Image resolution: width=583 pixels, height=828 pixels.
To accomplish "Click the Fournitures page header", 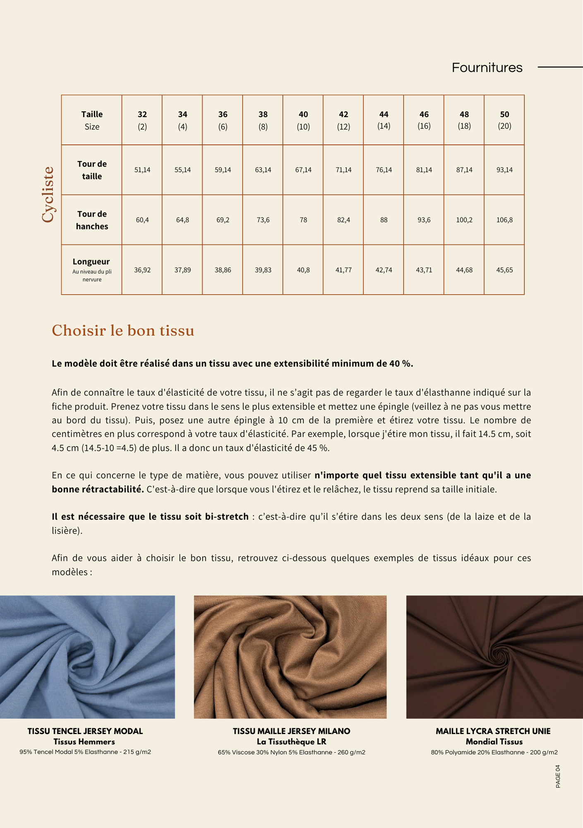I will (487, 67).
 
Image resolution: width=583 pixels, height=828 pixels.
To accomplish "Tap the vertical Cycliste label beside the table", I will (48, 195).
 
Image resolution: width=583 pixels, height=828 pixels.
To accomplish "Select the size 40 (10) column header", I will (303, 120).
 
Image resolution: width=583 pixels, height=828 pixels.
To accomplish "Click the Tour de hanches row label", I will (92, 220).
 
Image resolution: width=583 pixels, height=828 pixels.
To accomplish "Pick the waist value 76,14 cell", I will (384, 170).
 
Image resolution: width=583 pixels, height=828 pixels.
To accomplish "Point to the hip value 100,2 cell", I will (464, 220).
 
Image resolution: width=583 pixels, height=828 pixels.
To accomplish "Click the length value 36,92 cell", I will (142, 270).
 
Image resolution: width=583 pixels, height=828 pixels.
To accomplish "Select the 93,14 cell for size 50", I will (504, 170).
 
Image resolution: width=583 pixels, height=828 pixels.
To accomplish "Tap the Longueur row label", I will (91, 262).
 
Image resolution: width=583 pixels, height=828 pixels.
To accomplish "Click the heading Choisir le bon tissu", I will (123, 330).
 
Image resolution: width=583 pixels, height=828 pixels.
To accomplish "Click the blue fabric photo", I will (87, 657).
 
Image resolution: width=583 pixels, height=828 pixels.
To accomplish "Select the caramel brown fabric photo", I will (290, 657).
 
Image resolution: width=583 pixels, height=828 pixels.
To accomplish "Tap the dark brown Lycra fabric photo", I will (494, 657).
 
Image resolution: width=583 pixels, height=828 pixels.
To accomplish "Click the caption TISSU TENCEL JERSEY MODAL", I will (85, 731).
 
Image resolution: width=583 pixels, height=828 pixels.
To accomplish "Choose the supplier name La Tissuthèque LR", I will (291, 741).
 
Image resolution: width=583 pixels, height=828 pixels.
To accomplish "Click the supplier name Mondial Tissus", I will (494, 741).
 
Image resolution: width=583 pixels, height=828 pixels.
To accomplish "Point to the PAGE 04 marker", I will (558, 776).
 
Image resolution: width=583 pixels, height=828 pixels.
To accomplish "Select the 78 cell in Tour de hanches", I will (303, 220).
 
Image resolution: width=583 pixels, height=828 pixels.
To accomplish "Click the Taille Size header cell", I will (92, 120).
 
